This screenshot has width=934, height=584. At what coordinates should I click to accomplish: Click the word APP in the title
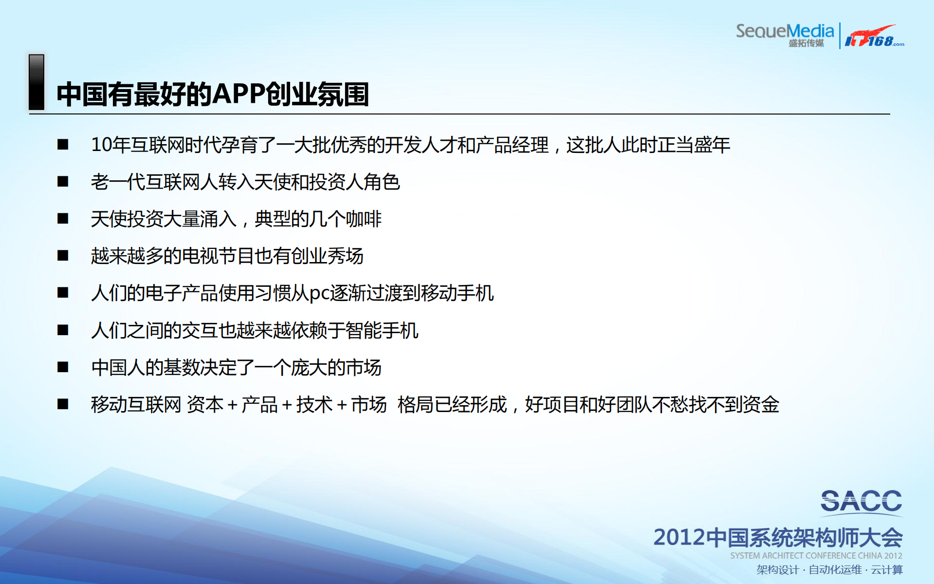pyautogui.click(x=239, y=94)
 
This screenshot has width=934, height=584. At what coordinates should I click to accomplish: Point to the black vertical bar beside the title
pyautogui.click(x=37, y=82)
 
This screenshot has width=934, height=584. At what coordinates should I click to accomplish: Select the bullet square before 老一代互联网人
pyautogui.click(x=63, y=182)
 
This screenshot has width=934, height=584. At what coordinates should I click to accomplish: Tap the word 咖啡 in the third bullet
pyautogui.click(x=364, y=219)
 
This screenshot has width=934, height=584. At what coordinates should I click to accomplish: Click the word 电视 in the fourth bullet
pyautogui.click(x=200, y=256)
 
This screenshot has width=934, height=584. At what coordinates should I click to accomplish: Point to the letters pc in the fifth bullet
pyautogui.click(x=319, y=293)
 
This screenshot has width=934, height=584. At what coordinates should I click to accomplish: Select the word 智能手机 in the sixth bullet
pyautogui.click(x=382, y=330)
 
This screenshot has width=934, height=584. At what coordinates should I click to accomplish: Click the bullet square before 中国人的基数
pyautogui.click(x=63, y=367)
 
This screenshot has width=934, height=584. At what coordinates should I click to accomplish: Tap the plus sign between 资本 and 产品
pyautogui.click(x=233, y=405)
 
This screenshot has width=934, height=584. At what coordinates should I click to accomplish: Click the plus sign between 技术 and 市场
pyautogui.click(x=342, y=405)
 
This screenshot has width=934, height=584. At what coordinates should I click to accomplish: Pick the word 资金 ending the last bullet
pyautogui.click(x=761, y=405)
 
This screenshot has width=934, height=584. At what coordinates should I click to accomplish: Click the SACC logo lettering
pyautogui.click(x=861, y=501)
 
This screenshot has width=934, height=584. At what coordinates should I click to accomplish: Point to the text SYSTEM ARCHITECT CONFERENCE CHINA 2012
pyautogui.click(x=816, y=556)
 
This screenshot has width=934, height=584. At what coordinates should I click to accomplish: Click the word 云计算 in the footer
pyautogui.click(x=887, y=570)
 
